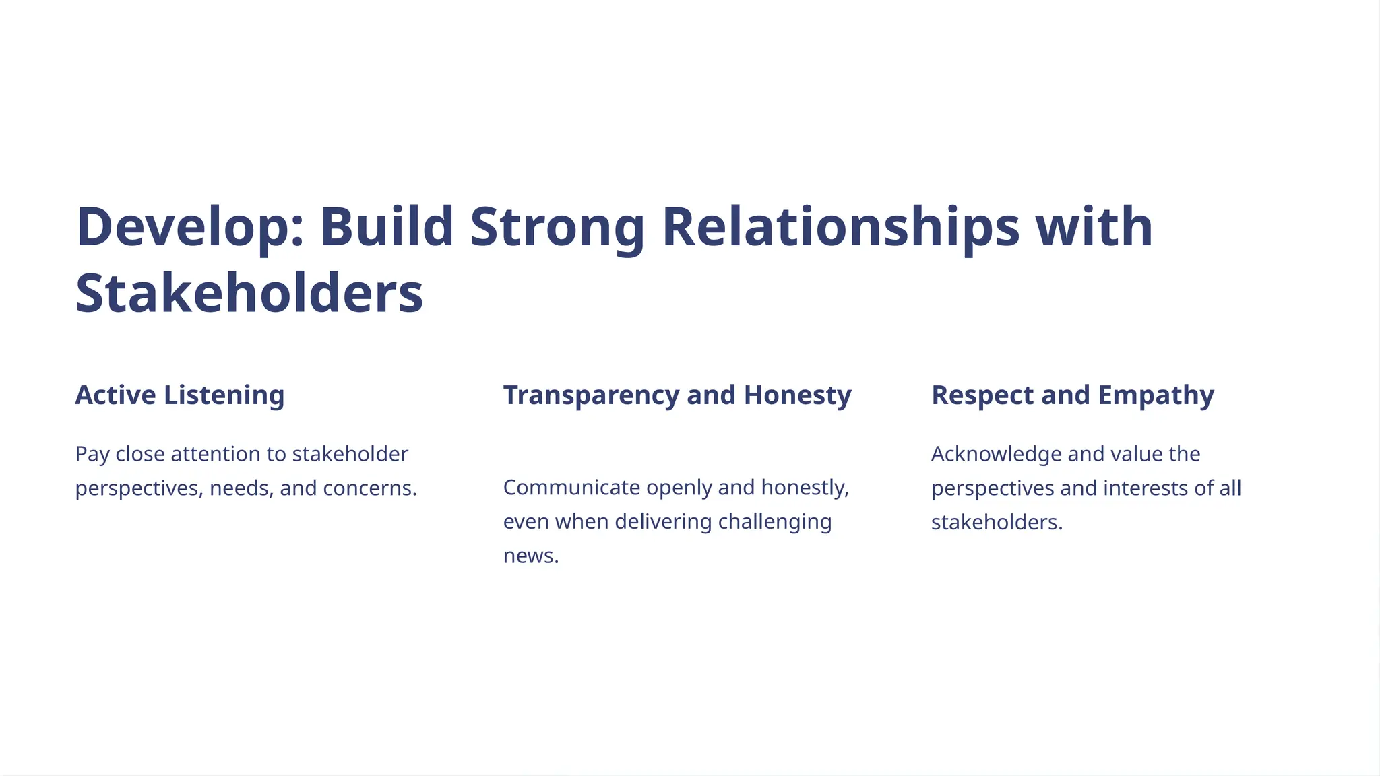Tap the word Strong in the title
point(557,228)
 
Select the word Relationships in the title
point(840,228)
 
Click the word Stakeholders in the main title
point(249,294)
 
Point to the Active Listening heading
point(179,395)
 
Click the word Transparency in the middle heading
point(590,395)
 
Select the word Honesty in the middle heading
point(797,395)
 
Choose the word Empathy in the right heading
point(1156,395)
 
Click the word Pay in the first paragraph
point(92,455)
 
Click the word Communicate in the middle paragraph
point(571,488)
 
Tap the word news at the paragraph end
point(530,556)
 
